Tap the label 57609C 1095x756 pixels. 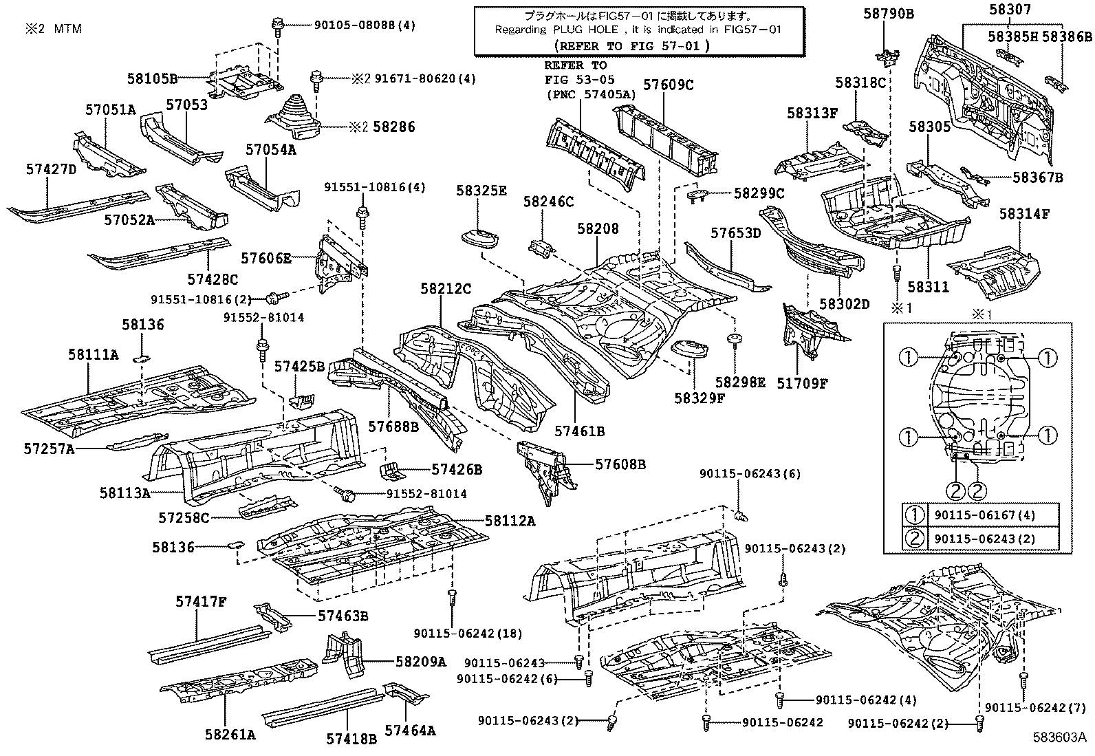[x=668, y=85]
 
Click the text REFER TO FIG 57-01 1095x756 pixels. [x=631, y=45]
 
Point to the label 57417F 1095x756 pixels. [x=200, y=602]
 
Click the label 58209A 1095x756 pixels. [x=421, y=662]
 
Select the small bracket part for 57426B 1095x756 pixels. [x=391, y=471]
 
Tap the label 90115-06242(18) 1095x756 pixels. [x=468, y=634]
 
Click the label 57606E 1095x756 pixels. [x=266, y=259]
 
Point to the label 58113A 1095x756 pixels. [x=124, y=493]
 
